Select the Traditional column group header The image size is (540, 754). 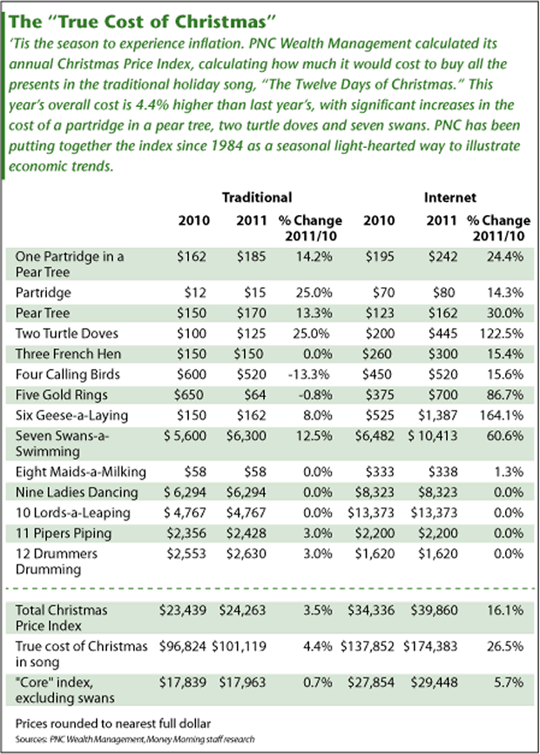[x=257, y=198]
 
